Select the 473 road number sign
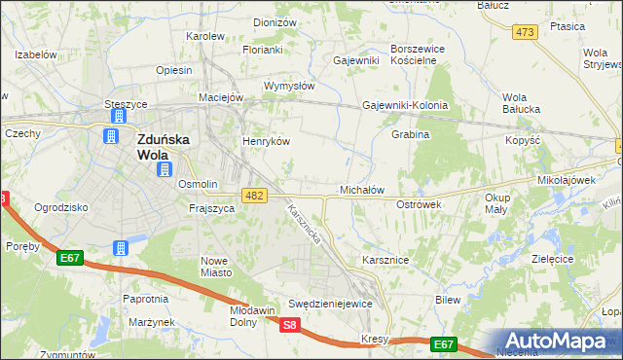[526, 32]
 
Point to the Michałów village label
[362, 190]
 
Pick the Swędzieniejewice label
[331, 304]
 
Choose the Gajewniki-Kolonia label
[404, 105]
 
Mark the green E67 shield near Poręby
[68, 258]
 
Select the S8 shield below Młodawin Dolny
[290, 326]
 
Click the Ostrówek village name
[420, 204]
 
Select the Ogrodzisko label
[61, 207]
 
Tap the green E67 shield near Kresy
[444, 343]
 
